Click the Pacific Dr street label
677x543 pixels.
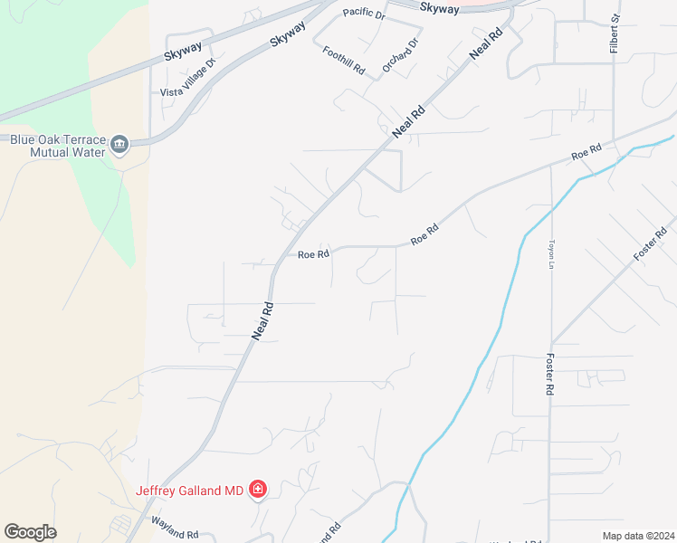tap(365, 15)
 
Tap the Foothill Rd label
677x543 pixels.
tap(343, 60)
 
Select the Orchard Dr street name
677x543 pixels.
tap(401, 55)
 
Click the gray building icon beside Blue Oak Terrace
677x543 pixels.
tap(119, 145)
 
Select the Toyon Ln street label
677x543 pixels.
tap(550, 254)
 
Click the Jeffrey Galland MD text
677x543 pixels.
tap(190, 491)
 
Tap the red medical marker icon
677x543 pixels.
tap(258, 490)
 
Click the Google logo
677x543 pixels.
tap(30, 532)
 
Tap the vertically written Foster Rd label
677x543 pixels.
tap(548, 376)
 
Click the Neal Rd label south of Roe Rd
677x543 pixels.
tap(262, 320)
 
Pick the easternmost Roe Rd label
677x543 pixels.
tap(586, 152)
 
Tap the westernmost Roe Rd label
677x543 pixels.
tap(313, 255)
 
